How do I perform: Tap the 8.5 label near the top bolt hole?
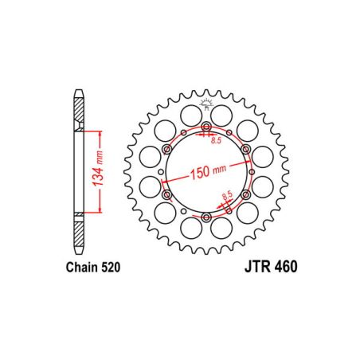click(215, 141)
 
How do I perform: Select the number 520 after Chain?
click(109, 268)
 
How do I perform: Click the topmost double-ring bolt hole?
click(206, 128)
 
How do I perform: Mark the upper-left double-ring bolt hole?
click(167, 150)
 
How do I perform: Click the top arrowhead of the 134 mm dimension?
click(99, 131)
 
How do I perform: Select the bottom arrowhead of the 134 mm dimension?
click(99, 213)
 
